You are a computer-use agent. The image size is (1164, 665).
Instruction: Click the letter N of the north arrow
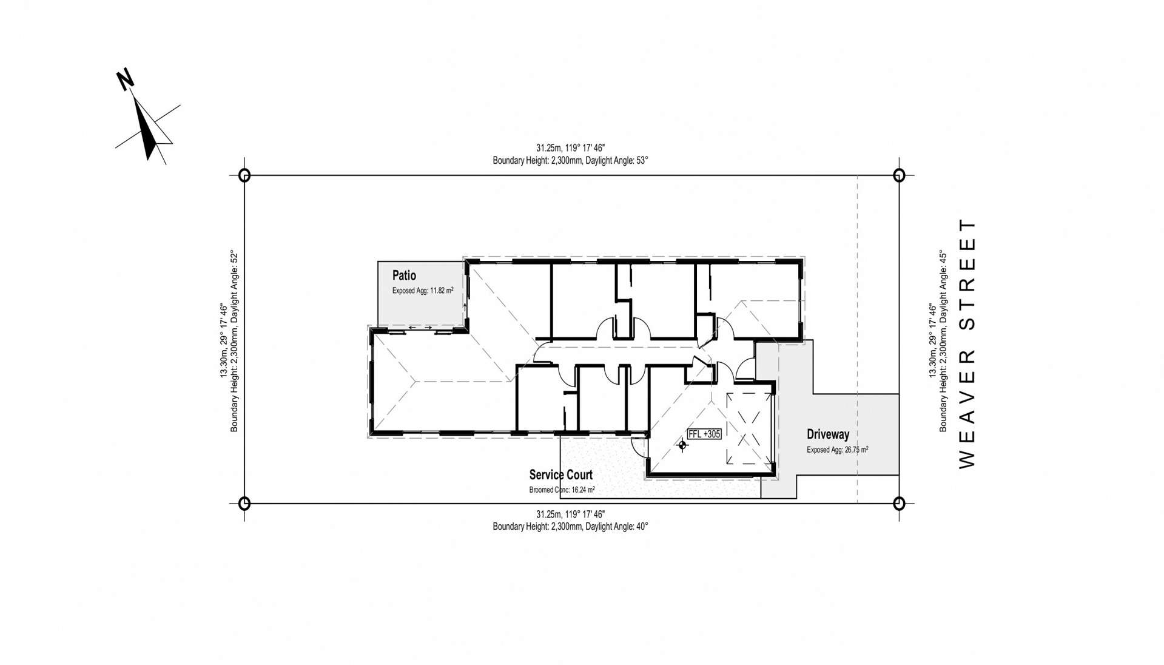point(126,79)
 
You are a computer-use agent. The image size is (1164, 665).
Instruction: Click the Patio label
point(404,275)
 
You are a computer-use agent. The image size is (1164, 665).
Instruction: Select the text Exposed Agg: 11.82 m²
point(422,291)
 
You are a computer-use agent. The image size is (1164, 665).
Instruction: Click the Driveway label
point(827,434)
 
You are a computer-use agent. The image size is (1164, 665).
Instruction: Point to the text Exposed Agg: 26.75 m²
point(837,450)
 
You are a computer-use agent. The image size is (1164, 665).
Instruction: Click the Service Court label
point(560,474)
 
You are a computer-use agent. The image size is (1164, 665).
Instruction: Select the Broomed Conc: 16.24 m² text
point(562,490)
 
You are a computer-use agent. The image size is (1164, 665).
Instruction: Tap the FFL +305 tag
point(704,434)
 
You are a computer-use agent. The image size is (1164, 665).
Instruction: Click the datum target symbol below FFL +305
point(682,445)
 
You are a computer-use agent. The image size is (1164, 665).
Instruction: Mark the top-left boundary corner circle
point(244,175)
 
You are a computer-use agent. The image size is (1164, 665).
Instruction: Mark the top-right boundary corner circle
point(899,175)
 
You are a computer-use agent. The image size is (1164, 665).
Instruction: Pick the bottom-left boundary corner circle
point(244,503)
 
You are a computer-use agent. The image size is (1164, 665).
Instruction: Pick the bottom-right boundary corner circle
point(899,503)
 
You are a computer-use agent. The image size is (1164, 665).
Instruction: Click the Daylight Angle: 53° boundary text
point(616,161)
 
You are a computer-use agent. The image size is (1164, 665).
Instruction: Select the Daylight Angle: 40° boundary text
point(616,527)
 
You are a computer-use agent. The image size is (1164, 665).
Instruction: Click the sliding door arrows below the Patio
point(420,328)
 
